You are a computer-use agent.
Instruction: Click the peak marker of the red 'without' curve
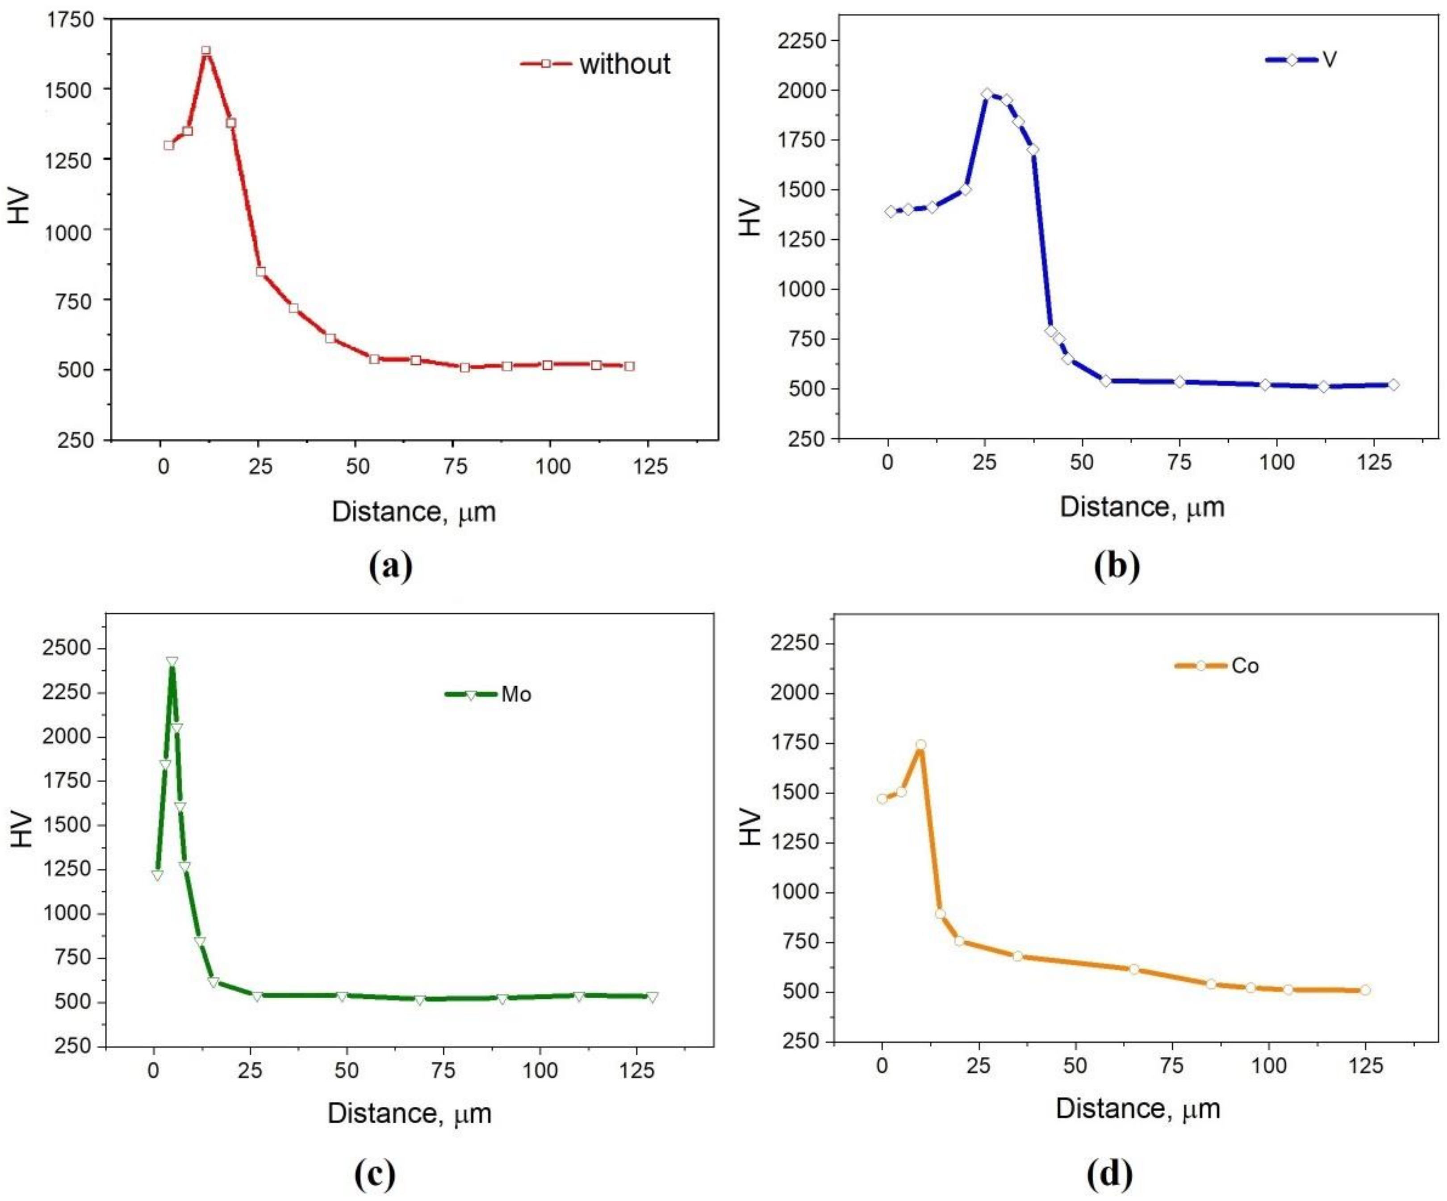point(205,51)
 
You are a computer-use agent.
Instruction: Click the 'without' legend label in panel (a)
point(624,64)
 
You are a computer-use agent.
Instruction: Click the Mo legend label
point(516,694)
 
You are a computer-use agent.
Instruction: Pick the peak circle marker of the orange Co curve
point(920,744)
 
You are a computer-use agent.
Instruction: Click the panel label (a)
point(391,567)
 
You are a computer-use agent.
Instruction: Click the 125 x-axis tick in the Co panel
point(1365,1066)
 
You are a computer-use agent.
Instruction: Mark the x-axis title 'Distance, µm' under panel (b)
point(1142,507)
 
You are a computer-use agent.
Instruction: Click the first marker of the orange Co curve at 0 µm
point(882,799)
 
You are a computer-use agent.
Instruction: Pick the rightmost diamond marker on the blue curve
point(1393,384)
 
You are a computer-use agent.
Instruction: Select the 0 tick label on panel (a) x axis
point(163,467)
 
